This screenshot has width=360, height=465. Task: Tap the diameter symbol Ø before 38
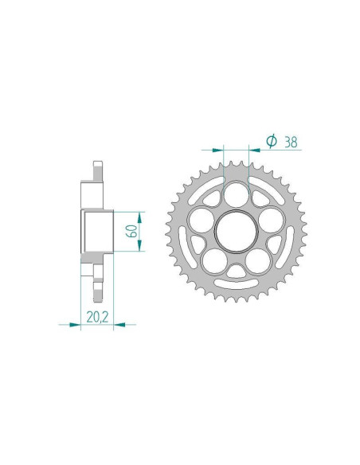coord(271,141)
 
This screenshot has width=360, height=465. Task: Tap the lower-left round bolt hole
coord(216,259)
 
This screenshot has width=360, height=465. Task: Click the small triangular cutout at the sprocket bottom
coord(237,272)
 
